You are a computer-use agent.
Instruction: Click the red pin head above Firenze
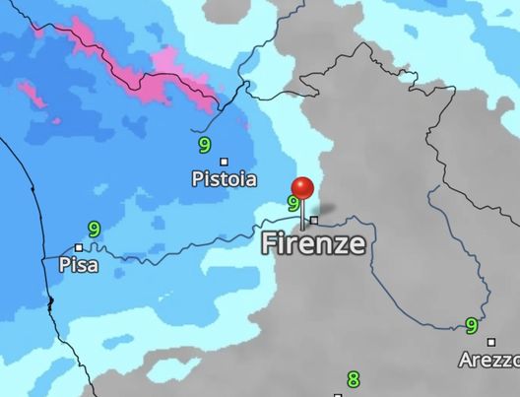click(303, 187)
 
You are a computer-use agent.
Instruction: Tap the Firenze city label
click(313, 244)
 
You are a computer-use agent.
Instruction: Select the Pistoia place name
click(224, 179)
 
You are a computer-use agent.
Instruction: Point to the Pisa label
click(79, 265)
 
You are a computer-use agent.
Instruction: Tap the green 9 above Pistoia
click(204, 145)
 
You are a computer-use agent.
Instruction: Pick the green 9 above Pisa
click(94, 229)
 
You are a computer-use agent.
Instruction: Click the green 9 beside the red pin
click(292, 204)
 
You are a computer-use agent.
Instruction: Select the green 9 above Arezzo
click(472, 325)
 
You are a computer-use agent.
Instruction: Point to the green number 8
click(354, 379)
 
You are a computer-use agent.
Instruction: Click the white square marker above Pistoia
click(224, 162)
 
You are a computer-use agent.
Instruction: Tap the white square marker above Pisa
click(79, 247)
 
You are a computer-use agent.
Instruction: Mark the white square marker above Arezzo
click(491, 343)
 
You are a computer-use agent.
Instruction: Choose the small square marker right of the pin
click(314, 221)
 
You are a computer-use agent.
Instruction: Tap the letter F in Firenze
click(269, 244)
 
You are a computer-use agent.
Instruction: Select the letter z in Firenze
click(338, 245)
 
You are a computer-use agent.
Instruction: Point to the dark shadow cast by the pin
click(328, 210)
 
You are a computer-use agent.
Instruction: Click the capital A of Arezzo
click(465, 361)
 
